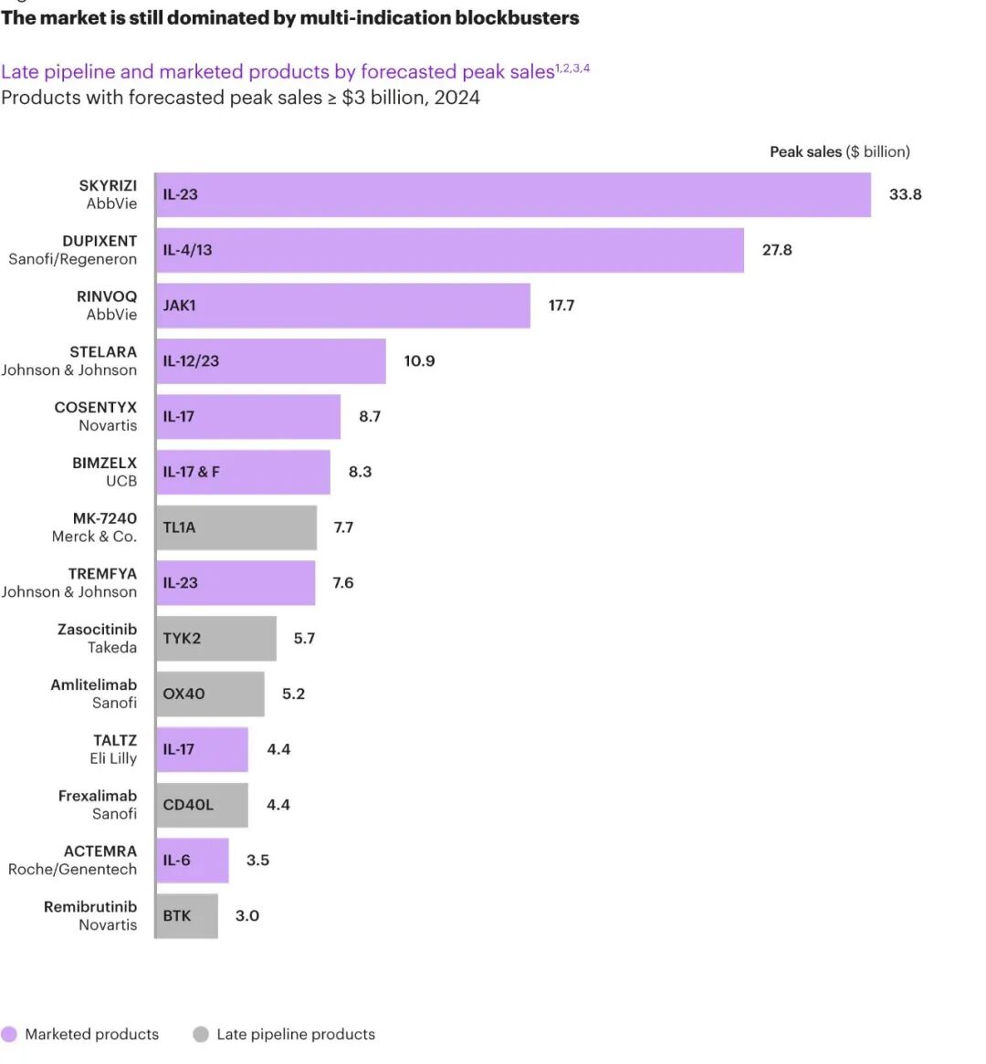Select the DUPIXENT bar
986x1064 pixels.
(x=449, y=250)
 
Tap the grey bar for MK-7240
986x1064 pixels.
(x=236, y=527)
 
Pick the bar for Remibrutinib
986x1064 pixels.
(x=187, y=915)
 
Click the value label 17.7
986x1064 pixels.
(x=561, y=306)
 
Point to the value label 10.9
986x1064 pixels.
(x=419, y=361)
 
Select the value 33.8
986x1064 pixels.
(x=905, y=194)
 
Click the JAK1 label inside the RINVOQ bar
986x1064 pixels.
(x=179, y=306)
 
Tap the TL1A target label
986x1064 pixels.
(x=179, y=527)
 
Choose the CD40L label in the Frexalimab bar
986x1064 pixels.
(x=188, y=805)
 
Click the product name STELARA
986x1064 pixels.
(x=103, y=352)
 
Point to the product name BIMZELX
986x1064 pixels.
(x=104, y=463)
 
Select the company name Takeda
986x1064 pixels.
(x=112, y=648)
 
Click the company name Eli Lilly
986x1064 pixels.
(x=113, y=758)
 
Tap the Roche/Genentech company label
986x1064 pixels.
(x=72, y=870)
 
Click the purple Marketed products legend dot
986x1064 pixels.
(x=9, y=1034)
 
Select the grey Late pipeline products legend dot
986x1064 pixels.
(x=201, y=1034)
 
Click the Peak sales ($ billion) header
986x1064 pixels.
(x=839, y=151)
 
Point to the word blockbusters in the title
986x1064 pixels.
(x=517, y=17)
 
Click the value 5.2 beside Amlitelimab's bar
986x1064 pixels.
(x=293, y=694)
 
